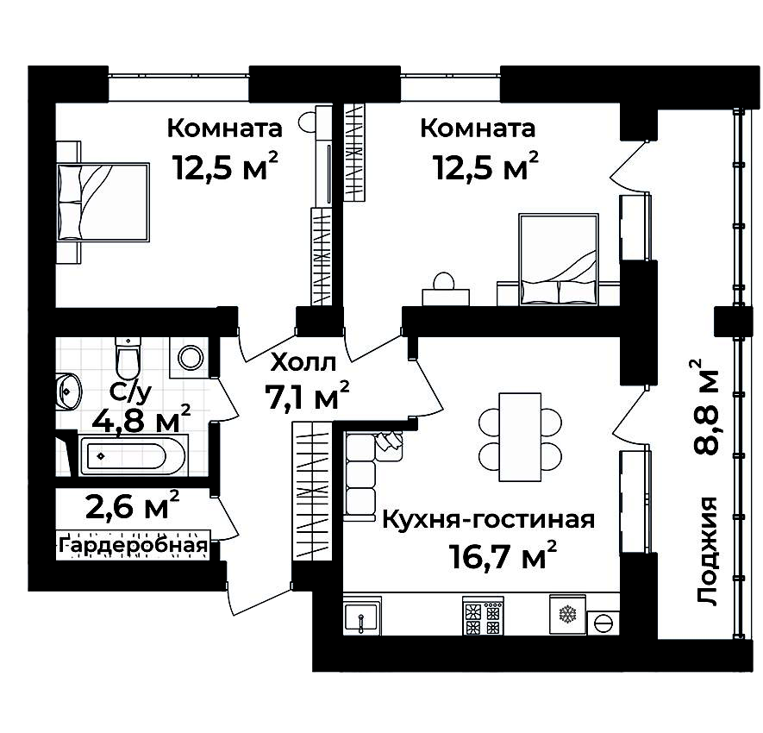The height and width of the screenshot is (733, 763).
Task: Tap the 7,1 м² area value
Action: pos(307,398)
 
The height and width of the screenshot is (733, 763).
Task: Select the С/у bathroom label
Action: pos(131,392)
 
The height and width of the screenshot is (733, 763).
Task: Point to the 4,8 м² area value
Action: pos(141,422)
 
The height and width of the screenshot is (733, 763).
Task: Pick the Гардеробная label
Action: pos(134,545)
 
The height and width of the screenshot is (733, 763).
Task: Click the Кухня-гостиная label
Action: pos(488,520)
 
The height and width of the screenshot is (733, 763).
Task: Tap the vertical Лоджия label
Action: pos(708,552)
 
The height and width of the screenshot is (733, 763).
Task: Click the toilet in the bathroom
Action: pos(127,354)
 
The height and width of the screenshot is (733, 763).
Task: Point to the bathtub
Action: pos(133,454)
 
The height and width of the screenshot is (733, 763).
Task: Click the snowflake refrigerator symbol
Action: pos(567,614)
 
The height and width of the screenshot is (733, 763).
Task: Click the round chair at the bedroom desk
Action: pos(445,282)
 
